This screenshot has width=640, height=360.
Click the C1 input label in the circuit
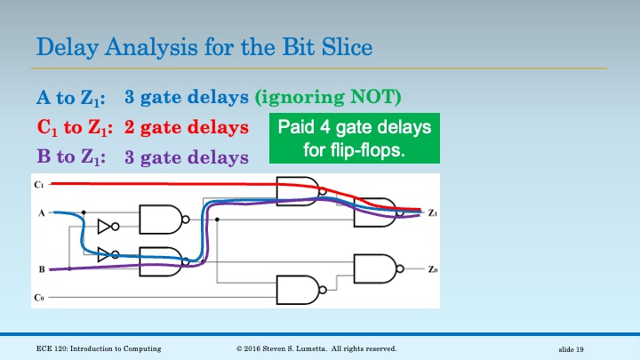point(38,184)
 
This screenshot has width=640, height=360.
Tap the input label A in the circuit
point(40,213)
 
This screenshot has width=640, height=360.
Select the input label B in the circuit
point(40,268)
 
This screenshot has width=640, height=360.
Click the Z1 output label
point(432,213)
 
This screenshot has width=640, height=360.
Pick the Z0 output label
point(432,268)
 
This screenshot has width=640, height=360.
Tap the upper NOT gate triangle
point(106,226)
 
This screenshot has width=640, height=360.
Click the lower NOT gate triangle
point(106,252)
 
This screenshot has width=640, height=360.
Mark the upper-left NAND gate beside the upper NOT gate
point(161,220)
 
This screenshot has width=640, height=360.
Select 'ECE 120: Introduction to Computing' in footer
point(99,348)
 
